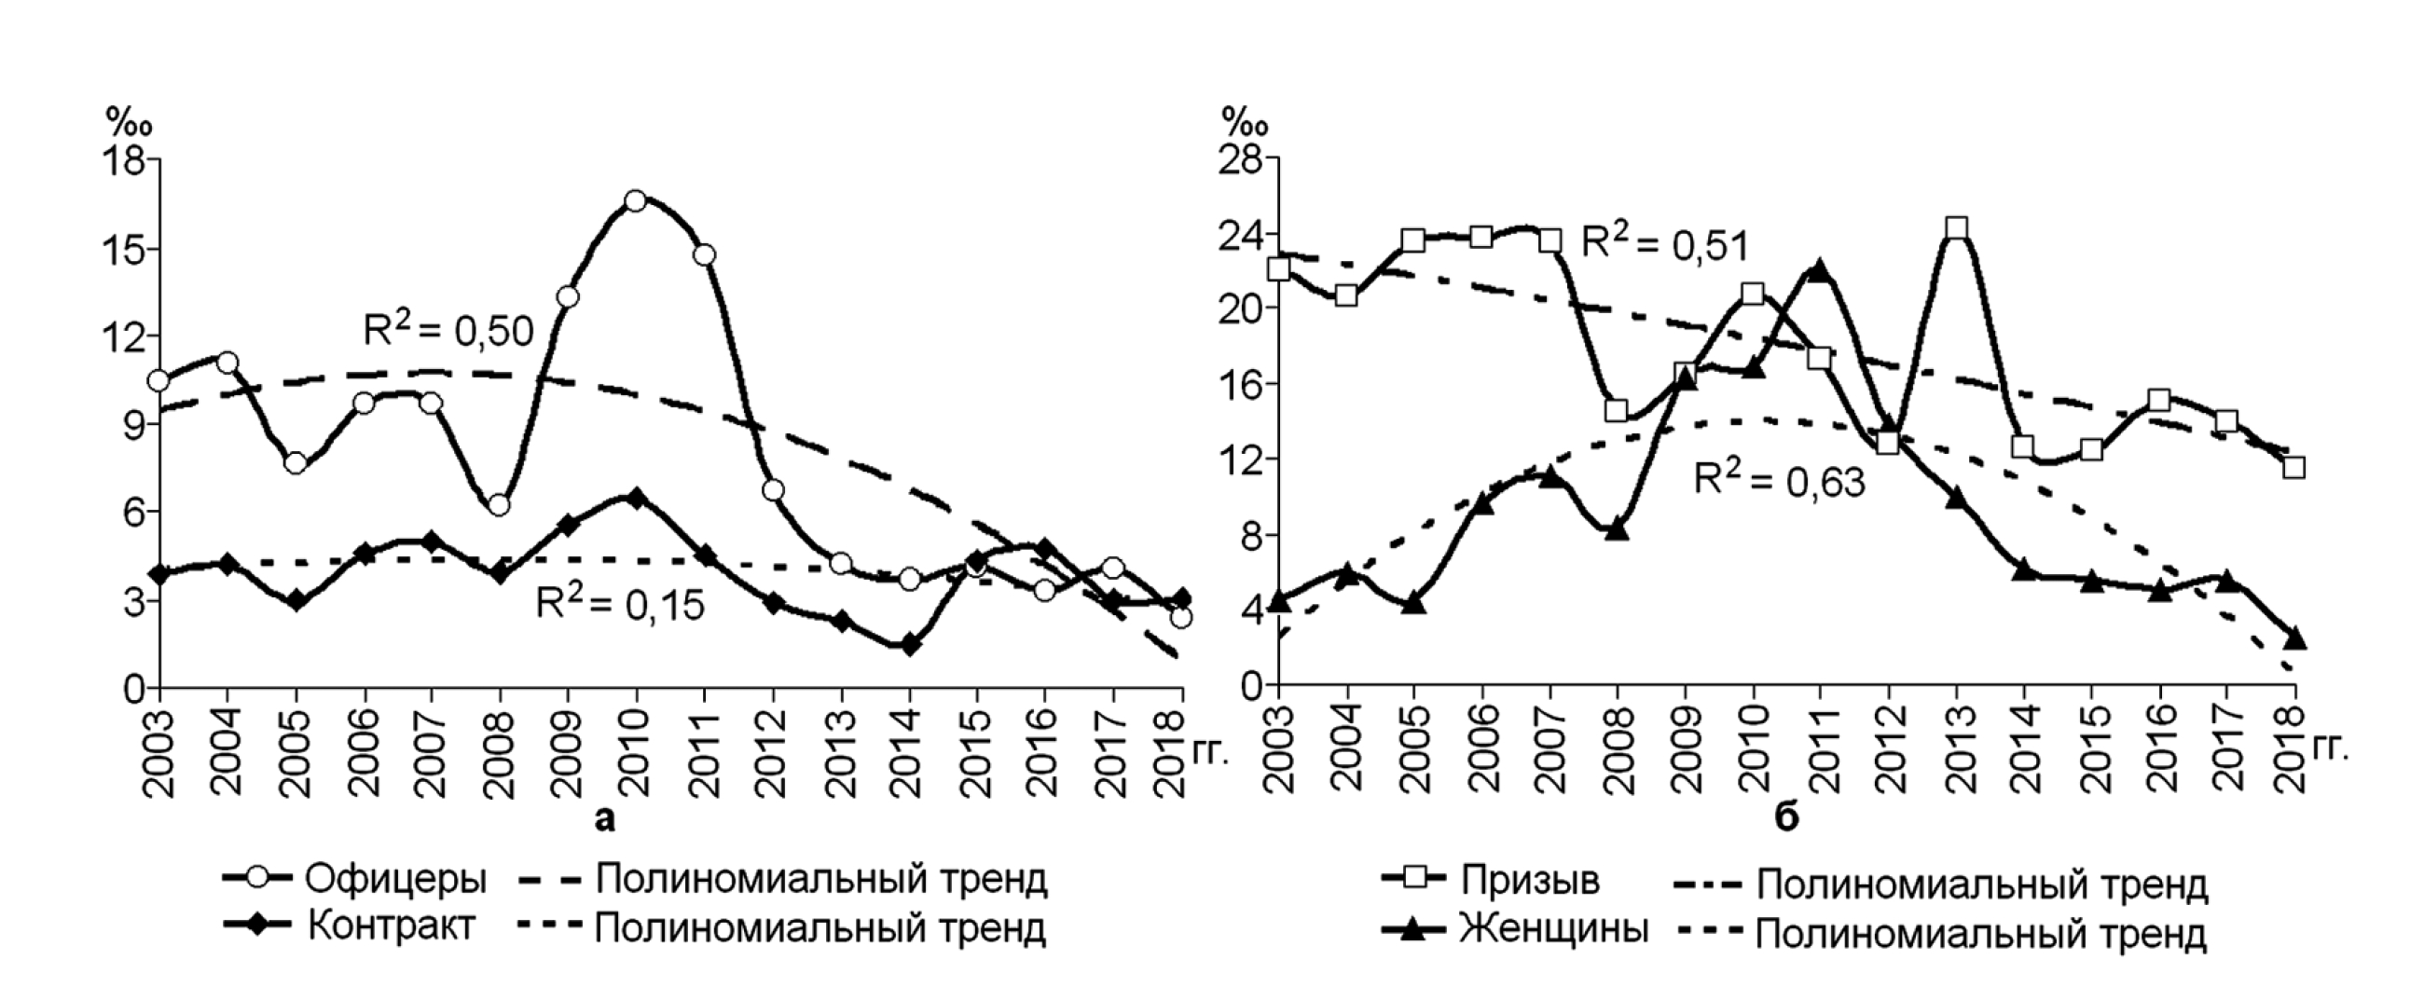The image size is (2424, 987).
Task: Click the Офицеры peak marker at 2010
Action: (x=635, y=200)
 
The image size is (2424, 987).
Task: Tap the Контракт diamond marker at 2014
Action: (x=909, y=646)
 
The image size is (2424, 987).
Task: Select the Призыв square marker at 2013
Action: (x=1957, y=227)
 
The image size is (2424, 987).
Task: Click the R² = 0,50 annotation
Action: (x=448, y=329)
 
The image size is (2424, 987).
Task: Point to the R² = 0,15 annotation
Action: (x=620, y=603)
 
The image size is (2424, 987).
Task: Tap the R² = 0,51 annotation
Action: (x=1664, y=242)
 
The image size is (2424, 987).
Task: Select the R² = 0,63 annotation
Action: (x=1780, y=480)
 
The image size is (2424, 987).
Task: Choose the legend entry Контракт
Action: (x=391, y=926)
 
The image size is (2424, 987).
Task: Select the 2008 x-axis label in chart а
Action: (x=500, y=754)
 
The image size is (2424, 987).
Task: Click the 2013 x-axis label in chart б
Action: (x=1957, y=754)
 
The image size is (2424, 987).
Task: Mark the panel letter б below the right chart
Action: (x=1786, y=817)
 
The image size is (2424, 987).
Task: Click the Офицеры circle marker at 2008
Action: (x=500, y=505)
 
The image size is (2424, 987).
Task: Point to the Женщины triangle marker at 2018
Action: (x=2294, y=638)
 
